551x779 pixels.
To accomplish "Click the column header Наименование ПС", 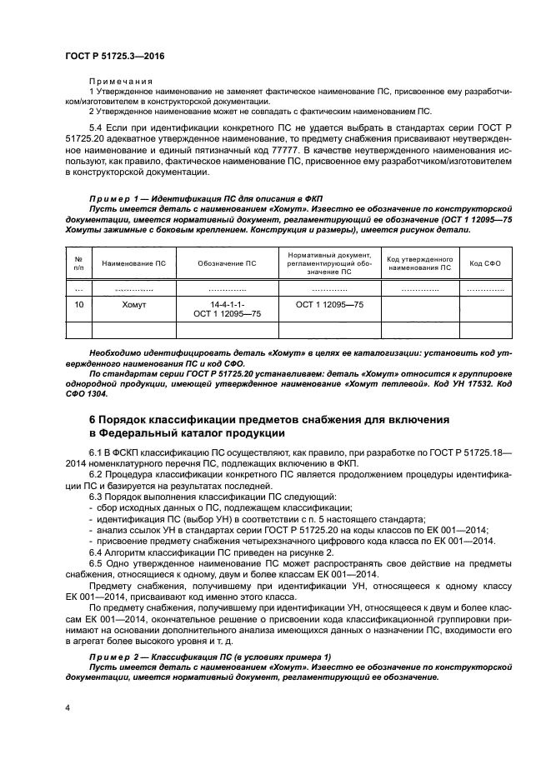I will pyautogui.click(x=133, y=263).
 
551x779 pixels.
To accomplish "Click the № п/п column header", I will pyautogui.click(x=78, y=263).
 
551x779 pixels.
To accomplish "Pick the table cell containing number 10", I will pyautogui.click(x=78, y=306).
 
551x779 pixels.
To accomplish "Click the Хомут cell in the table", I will pyautogui.click(x=133, y=306).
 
